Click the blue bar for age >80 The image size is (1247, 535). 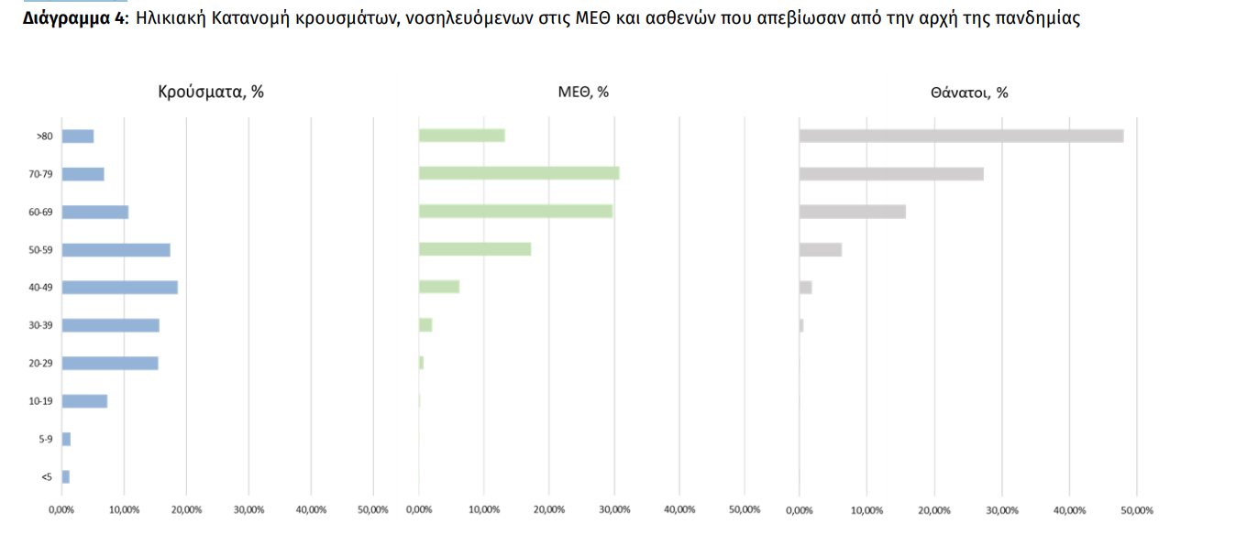click(78, 136)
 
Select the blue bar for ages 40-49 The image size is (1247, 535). click(119, 288)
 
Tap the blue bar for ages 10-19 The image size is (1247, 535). click(84, 401)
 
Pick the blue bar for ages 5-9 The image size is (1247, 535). click(66, 440)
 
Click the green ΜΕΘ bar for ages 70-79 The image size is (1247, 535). click(519, 173)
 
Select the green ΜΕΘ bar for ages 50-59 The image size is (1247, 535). click(475, 249)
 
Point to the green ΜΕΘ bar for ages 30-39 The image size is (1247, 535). click(425, 325)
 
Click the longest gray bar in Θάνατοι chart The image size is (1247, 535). click(961, 136)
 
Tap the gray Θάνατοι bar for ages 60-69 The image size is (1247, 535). click(853, 212)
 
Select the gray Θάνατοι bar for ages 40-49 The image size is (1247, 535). click(806, 288)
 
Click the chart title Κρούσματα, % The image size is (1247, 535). click(211, 92)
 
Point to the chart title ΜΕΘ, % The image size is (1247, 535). click(583, 92)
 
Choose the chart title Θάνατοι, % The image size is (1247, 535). click(969, 93)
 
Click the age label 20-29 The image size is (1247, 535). click(40, 364)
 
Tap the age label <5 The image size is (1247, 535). click(46, 477)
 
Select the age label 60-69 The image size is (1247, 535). click(40, 213)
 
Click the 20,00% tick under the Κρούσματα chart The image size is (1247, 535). click(186, 510)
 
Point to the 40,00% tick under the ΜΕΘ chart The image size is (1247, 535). click(679, 510)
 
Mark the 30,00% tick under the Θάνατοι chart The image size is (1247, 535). click(1001, 510)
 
